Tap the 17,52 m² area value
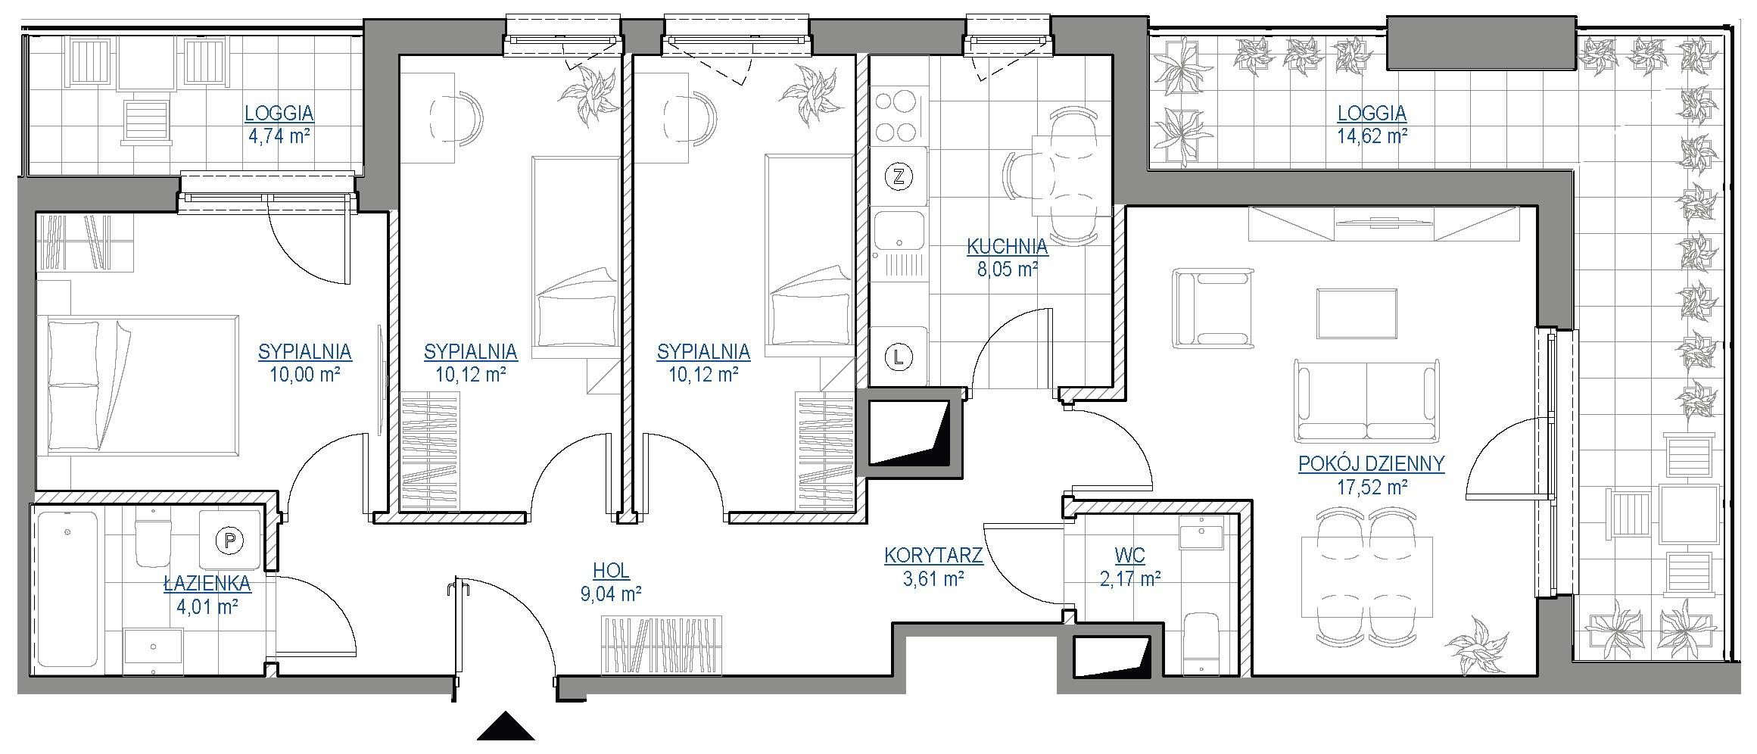(x=1372, y=487)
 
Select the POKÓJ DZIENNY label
(x=1372, y=463)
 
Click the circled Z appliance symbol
(x=899, y=178)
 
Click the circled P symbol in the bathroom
(x=229, y=541)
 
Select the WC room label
(x=1129, y=556)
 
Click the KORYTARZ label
(x=933, y=556)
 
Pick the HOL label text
(x=612, y=571)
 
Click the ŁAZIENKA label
(x=207, y=582)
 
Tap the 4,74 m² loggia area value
(x=279, y=137)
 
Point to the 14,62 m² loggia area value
(x=1372, y=136)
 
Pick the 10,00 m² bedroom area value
(x=304, y=374)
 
